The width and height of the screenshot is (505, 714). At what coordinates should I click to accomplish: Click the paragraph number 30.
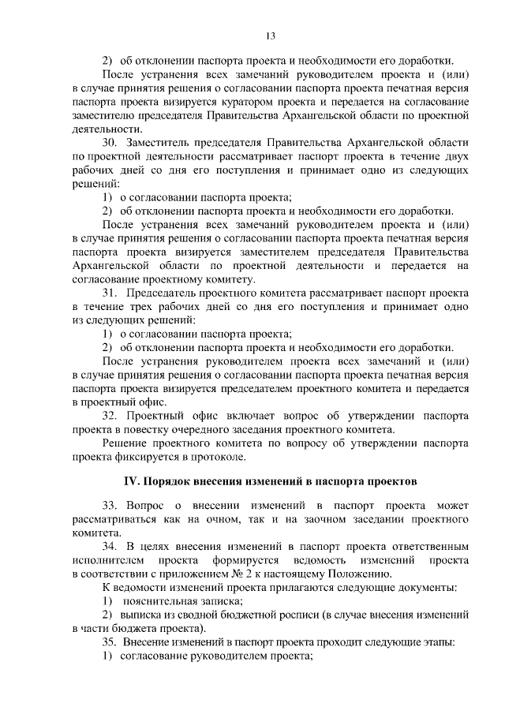click(x=110, y=142)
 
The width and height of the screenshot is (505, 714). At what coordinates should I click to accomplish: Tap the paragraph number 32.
click(x=110, y=415)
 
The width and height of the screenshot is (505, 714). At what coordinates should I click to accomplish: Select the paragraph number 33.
click(x=110, y=505)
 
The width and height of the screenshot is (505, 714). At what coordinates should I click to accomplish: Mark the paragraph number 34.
click(x=110, y=546)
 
